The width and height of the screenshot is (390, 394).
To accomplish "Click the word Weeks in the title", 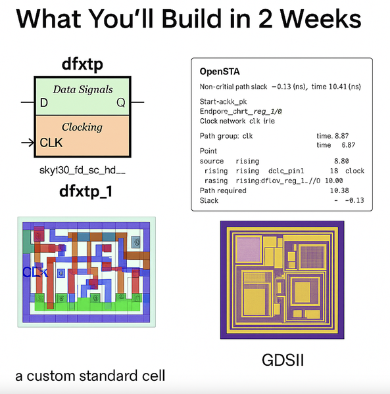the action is click(320, 19).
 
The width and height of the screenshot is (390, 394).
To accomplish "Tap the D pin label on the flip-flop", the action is click(44, 102).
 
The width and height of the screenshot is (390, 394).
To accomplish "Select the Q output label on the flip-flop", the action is click(121, 102).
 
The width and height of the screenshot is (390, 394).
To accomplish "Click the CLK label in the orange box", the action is click(51, 142).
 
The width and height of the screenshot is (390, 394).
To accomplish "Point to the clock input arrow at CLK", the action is click(28, 142).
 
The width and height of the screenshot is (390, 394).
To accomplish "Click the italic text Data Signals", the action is click(83, 89).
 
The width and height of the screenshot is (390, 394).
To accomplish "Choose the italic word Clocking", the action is click(82, 127).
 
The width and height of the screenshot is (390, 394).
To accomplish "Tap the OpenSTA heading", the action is click(220, 72).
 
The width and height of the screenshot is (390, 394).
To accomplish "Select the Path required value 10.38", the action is click(339, 190).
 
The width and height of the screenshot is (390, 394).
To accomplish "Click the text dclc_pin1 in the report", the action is click(286, 171).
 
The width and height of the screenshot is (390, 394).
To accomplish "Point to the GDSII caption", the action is click(283, 360).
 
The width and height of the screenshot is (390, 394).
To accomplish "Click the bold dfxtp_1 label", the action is click(85, 192).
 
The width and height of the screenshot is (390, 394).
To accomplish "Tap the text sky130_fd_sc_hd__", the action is click(82, 170).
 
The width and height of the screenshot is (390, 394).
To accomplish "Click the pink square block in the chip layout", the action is click(249, 250).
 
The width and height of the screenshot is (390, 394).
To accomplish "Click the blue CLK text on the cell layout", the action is click(35, 272).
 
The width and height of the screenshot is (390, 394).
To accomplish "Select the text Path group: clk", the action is click(226, 136).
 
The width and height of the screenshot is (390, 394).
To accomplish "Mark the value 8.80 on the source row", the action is click(341, 161).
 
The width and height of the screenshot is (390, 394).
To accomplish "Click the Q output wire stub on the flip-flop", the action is click(137, 102).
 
